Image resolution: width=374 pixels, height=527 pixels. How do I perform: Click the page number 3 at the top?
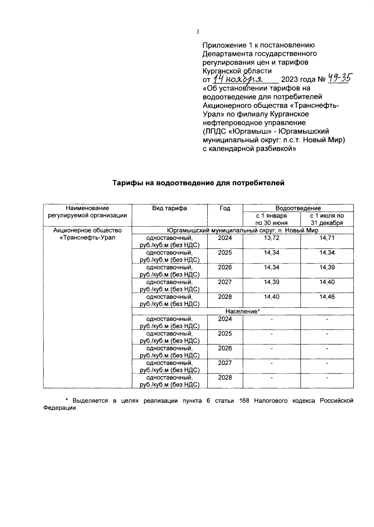[197, 31]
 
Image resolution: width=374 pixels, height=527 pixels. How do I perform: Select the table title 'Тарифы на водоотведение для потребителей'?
[198, 183]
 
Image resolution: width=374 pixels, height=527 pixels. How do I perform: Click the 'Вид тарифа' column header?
[170, 208]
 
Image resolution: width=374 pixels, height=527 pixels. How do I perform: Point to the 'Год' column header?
[225, 208]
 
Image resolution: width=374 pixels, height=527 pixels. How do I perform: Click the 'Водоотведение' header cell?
[298, 208]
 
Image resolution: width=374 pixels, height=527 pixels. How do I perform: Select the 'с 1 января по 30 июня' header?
[271, 219]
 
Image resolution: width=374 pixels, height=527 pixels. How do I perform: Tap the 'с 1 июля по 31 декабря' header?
[327, 219]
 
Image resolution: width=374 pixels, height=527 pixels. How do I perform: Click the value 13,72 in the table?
[271, 238]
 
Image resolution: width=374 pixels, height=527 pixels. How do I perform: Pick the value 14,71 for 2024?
[327, 238]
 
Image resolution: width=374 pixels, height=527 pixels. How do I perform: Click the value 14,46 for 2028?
[327, 297]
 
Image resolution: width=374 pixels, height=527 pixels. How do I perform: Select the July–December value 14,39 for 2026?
[327, 267]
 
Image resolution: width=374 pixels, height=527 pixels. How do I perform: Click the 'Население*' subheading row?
[242, 311]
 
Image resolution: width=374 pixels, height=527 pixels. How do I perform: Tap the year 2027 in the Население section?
[225, 363]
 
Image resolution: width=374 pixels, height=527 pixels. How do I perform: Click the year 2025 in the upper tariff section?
[225, 253]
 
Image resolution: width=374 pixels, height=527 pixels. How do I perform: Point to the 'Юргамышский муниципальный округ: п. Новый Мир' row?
[242, 231]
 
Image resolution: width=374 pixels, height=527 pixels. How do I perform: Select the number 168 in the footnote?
[244, 401]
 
